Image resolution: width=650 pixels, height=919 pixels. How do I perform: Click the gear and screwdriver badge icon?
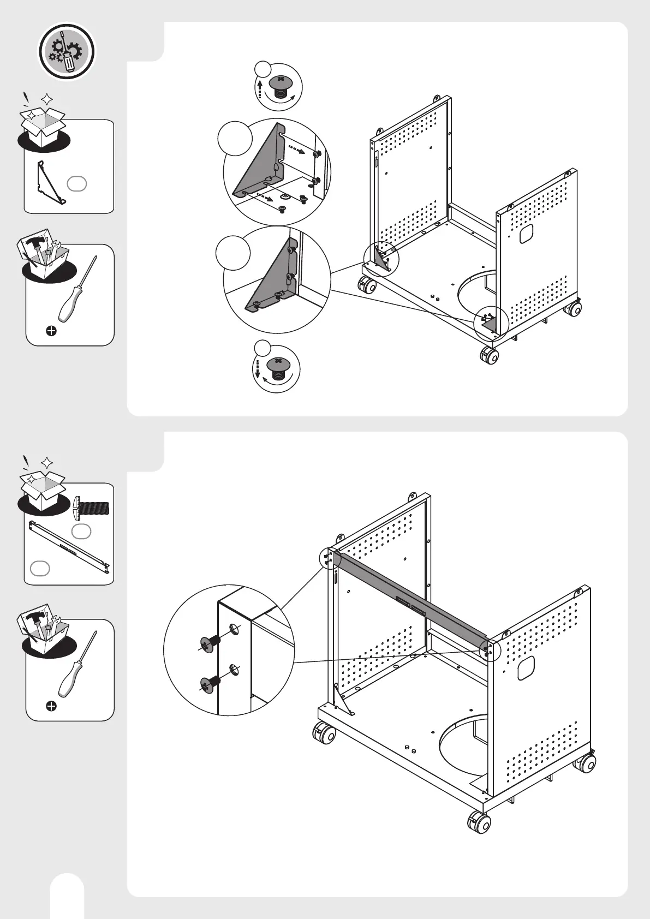(66, 52)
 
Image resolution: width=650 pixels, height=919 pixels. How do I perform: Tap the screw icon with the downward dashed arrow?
(278, 367)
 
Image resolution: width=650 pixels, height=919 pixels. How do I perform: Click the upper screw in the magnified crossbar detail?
(209, 645)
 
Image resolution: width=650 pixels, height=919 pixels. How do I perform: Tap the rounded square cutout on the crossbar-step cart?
(526, 667)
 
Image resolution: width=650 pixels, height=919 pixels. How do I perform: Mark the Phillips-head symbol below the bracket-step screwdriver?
(51, 331)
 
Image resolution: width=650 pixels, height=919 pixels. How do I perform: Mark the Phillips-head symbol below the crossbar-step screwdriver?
(51, 707)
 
